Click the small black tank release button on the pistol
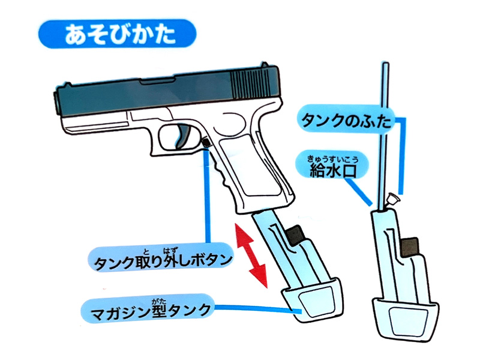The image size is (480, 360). [206, 143]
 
